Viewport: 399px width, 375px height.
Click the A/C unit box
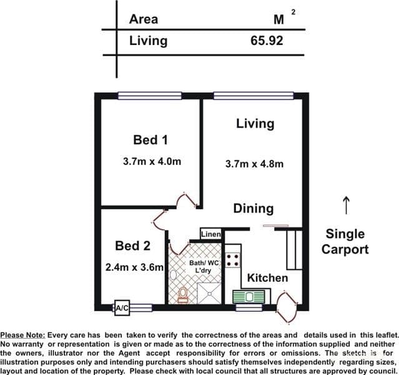[x=122, y=307]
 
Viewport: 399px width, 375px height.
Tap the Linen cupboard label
[x=210, y=234]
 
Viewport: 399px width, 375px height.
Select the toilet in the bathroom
[x=183, y=295]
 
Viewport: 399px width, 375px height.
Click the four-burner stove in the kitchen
[x=233, y=260]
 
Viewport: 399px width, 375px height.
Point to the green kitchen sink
[x=249, y=296]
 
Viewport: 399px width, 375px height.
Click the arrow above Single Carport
[x=346, y=206]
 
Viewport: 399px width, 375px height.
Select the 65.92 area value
[x=267, y=41]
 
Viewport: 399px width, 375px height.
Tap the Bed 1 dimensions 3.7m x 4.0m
[x=152, y=161]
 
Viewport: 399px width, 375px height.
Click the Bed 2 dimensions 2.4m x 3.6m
[x=134, y=267]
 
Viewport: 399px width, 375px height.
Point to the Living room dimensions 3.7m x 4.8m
[x=254, y=164]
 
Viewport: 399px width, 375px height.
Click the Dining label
[x=254, y=209]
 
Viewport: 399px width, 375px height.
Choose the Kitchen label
[x=267, y=277]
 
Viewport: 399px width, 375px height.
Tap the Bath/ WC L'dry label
[x=204, y=266]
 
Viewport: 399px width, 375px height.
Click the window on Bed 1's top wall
[x=150, y=96]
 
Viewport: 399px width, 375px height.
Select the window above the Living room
[x=254, y=96]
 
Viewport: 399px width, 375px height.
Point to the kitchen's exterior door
[x=287, y=307]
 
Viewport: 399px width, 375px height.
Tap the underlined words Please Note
[x=22, y=335]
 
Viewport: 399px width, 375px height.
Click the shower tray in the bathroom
[x=209, y=293]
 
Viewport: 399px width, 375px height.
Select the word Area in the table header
[x=144, y=19]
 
